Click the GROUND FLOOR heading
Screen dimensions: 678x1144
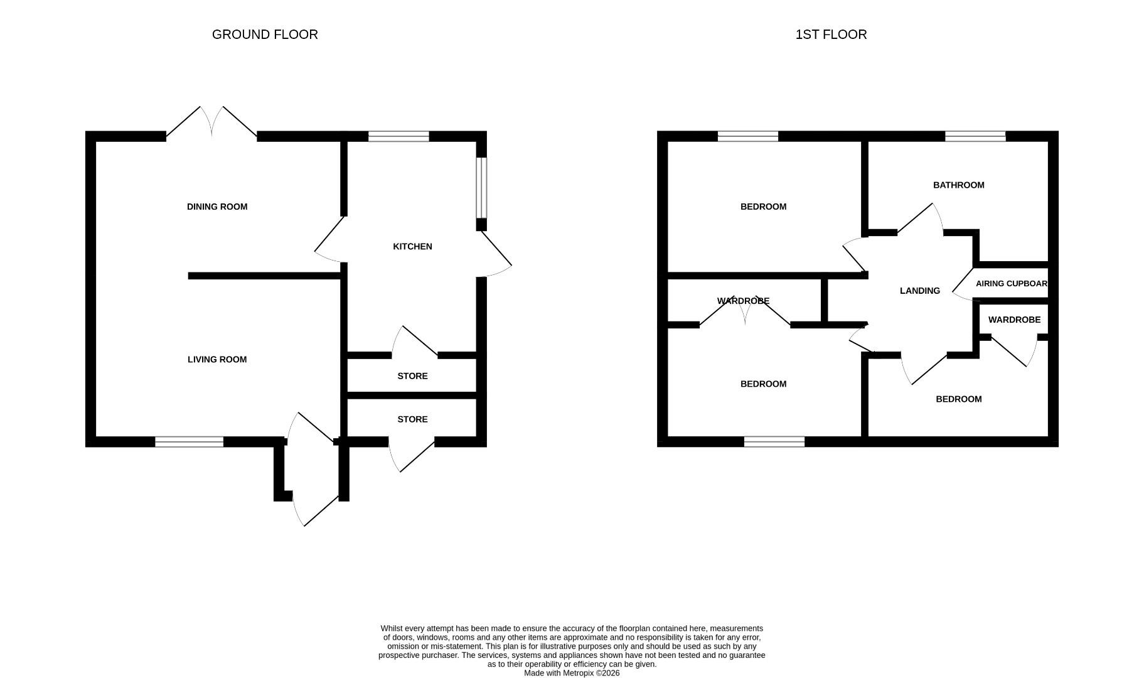tap(265, 35)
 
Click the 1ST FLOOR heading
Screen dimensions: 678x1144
tap(831, 35)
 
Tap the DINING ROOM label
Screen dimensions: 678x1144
tap(217, 207)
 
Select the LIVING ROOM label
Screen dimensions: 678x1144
tap(217, 359)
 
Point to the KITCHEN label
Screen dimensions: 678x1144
tap(412, 246)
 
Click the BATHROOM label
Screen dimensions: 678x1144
tap(958, 185)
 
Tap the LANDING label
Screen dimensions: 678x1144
tap(919, 291)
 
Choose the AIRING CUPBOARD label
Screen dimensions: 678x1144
tap(1011, 284)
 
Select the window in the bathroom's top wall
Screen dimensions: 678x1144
tap(975, 136)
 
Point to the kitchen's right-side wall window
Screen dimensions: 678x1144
tap(481, 187)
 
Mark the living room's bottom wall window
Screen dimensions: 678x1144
tap(189, 442)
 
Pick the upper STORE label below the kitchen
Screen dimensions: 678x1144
tap(412, 376)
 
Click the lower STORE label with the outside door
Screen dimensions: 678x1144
tap(412, 419)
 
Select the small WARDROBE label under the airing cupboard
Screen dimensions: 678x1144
tap(1014, 320)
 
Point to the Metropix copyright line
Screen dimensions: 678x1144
tap(572, 673)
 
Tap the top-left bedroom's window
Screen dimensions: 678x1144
tap(748, 136)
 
